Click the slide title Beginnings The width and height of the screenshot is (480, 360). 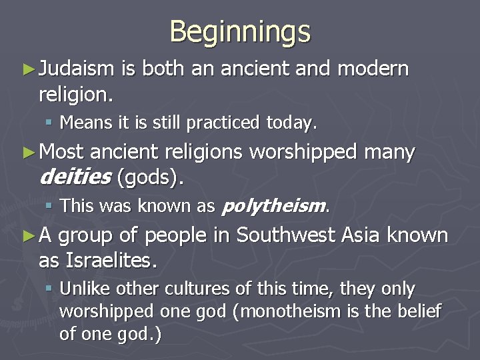[240, 31]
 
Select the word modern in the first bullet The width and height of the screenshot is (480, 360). [373, 69]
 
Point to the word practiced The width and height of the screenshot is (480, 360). [223, 123]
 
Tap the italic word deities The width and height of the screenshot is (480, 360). [75, 178]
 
